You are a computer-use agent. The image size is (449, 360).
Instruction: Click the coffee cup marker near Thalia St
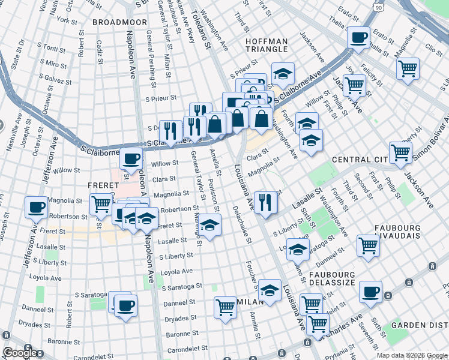pos(359,37)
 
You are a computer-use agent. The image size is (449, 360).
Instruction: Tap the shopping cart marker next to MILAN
pos(226,307)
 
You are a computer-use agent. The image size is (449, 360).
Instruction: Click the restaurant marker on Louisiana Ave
pos(264,202)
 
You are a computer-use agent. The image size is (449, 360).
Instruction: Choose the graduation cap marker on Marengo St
pos(209,226)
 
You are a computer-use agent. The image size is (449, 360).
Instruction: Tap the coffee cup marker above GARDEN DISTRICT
pos(370,292)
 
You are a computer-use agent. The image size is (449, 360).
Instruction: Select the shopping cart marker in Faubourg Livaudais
pos(367,244)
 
